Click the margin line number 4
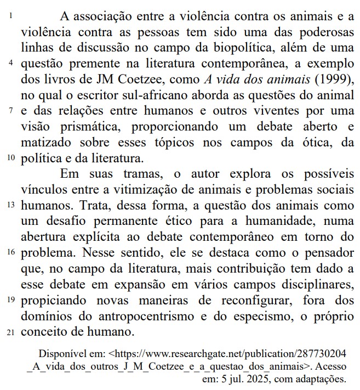pos(12,63)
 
